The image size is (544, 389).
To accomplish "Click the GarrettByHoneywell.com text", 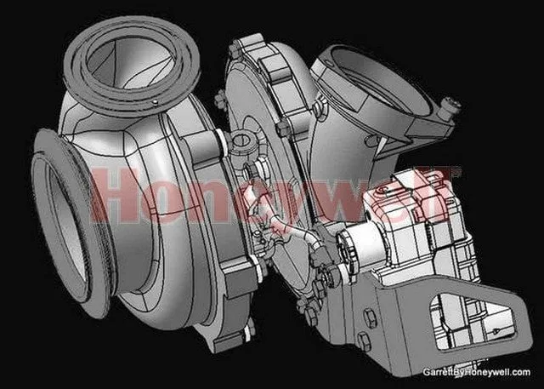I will click(476, 372).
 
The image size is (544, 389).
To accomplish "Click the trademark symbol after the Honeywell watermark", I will click(457, 174).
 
